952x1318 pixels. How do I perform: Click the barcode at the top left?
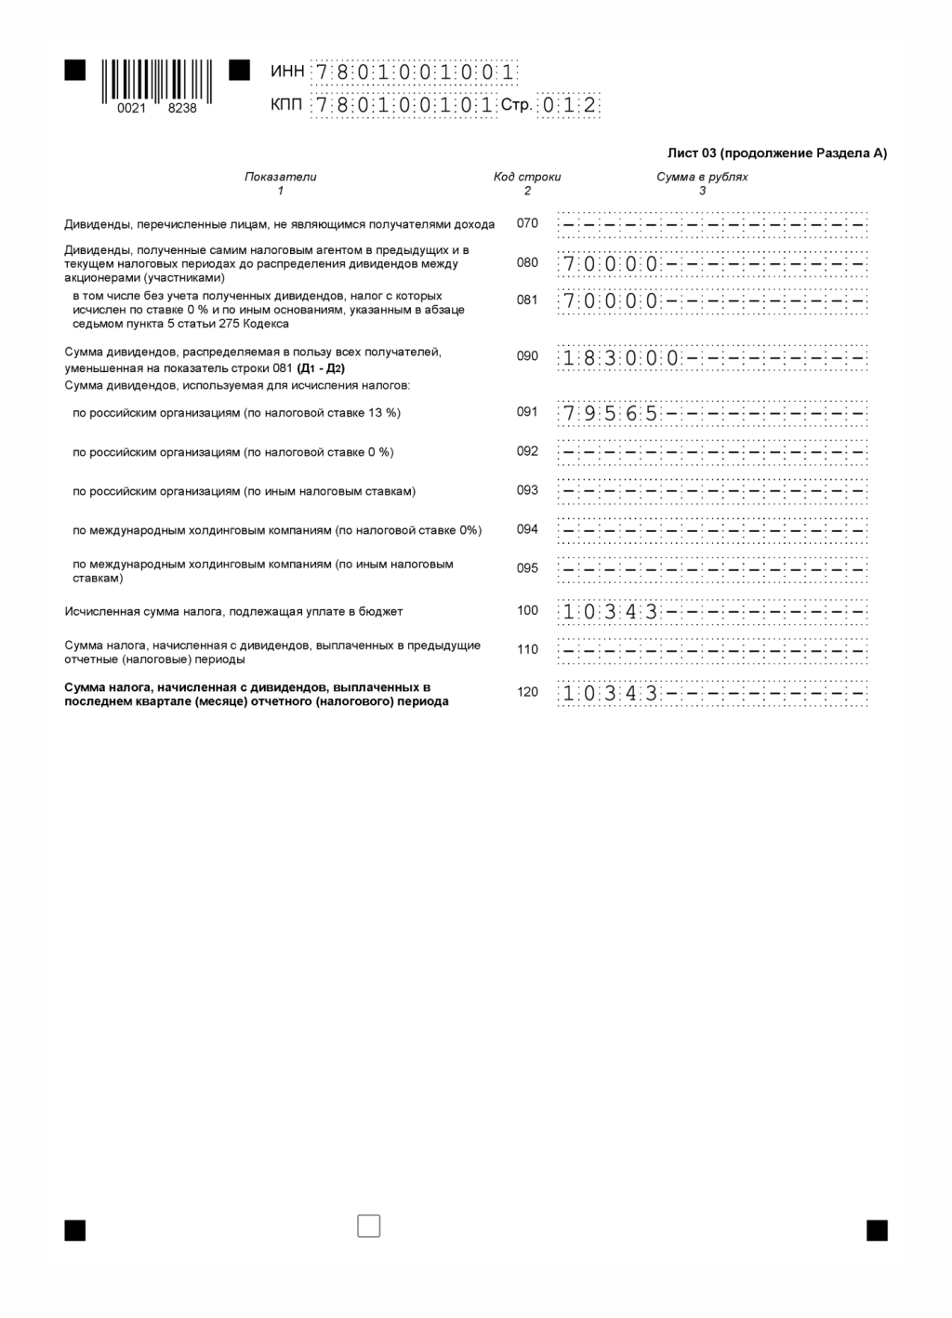tap(156, 81)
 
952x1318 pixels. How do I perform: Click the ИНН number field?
tap(414, 73)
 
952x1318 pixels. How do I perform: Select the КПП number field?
tap(403, 105)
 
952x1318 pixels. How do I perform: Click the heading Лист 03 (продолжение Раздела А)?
tap(777, 153)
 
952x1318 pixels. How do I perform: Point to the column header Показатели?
tap(280, 177)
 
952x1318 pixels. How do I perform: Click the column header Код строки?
tap(527, 177)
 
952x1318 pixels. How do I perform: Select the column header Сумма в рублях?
tap(702, 177)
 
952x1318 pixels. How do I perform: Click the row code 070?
tap(527, 223)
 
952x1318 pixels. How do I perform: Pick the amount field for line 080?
tap(712, 264)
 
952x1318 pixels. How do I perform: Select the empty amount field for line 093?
tap(712, 490)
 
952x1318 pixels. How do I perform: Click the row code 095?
tap(527, 568)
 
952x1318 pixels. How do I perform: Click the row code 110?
tap(527, 649)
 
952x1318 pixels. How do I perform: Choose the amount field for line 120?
tap(712, 694)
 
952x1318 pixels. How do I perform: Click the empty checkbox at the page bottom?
tap(369, 1226)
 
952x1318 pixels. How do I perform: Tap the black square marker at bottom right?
tap(877, 1231)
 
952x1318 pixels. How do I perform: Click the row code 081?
tap(527, 300)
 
